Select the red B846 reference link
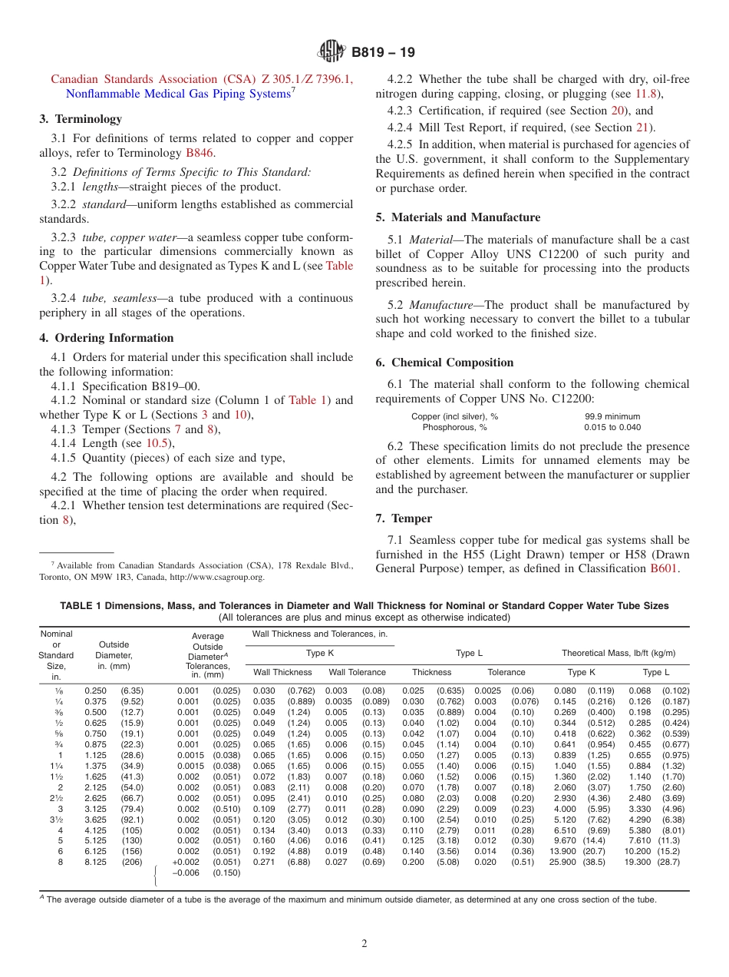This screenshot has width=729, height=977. coord(200,152)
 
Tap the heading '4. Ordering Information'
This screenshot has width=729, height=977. coord(107,338)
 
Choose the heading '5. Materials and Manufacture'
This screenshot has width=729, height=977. coord(457,217)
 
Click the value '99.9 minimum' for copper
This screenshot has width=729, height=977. coord(612,416)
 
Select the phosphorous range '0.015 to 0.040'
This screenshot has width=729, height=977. coord(612,427)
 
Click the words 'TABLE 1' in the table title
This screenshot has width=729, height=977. coord(81,606)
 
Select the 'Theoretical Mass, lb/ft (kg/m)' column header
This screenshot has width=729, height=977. coord(618,653)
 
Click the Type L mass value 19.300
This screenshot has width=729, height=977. coord(637,863)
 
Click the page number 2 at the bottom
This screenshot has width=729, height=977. coord(364,943)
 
